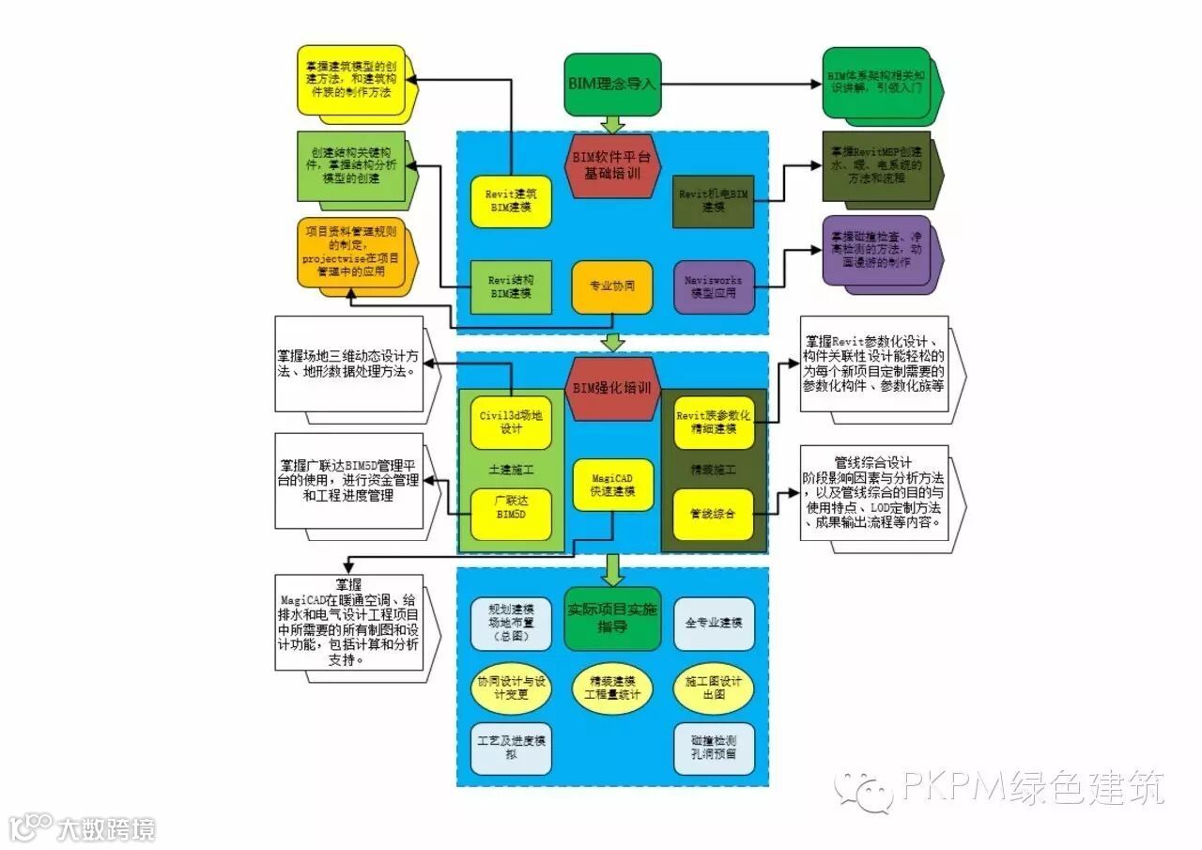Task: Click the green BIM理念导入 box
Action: click(x=612, y=84)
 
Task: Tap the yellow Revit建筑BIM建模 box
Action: click(x=510, y=201)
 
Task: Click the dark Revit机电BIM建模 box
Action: click(x=713, y=200)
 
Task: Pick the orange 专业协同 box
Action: click(x=611, y=286)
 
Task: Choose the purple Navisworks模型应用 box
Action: click(x=714, y=286)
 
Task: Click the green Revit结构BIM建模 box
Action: click(x=510, y=286)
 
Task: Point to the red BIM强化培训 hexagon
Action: click(x=611, y=388)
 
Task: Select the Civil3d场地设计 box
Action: click(x=511, y=423)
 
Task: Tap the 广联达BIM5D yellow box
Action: click(x=511, y=514)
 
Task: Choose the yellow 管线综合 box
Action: click(x=714, y=514)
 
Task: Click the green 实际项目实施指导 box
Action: click(x=612, y=618)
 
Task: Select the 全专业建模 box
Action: click(x=714, y=623)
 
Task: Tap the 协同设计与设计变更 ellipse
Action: click(x=511, y=688)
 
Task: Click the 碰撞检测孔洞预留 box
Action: click(x=714, y=748)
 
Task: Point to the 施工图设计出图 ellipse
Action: click(x=714, y=688)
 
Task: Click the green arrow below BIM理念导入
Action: click(x=612, y=123)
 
